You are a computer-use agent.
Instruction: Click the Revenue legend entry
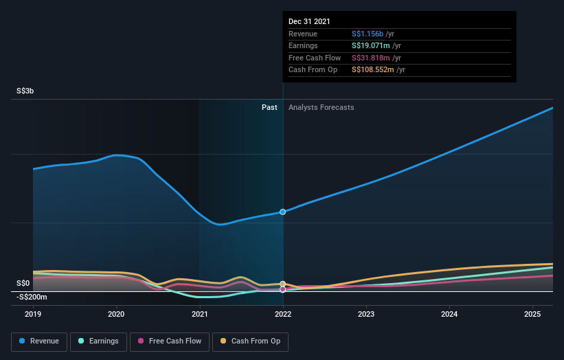(x=38, y=341)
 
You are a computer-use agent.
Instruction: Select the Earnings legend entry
(x=99, y=341)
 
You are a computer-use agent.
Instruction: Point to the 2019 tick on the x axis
(x=34, y=314)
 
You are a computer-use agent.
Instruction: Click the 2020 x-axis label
(x=117, y=314)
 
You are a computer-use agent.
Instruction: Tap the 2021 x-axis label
(x=200, y=314)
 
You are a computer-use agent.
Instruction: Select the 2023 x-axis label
(x=366, y=314)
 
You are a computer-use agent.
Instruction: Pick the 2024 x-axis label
(x=449, y=314)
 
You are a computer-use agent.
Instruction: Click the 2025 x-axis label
(x=532, y=314)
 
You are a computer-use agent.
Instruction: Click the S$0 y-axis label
(x=24, y=283)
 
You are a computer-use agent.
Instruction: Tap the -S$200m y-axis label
(x=32, y=297)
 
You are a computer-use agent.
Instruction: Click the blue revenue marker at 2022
(x=282, y=212)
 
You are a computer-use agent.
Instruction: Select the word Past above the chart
(x=269, y=107)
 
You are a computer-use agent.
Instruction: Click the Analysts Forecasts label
(x=322, y=107)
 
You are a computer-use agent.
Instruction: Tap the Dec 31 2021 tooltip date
(x=309, y=21)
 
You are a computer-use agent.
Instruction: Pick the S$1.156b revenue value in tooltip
(x=368, y=34)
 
